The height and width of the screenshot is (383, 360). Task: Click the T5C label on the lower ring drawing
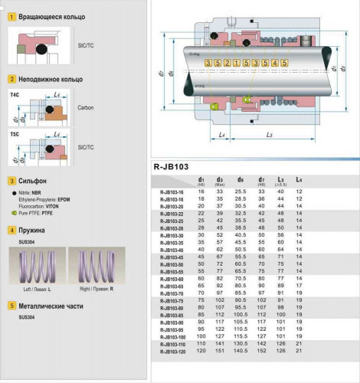[15, 134]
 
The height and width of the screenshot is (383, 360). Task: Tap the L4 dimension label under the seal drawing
[199, 134]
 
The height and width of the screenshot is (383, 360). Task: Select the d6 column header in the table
[241, 178]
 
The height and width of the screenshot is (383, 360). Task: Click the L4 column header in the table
[299, 178]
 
